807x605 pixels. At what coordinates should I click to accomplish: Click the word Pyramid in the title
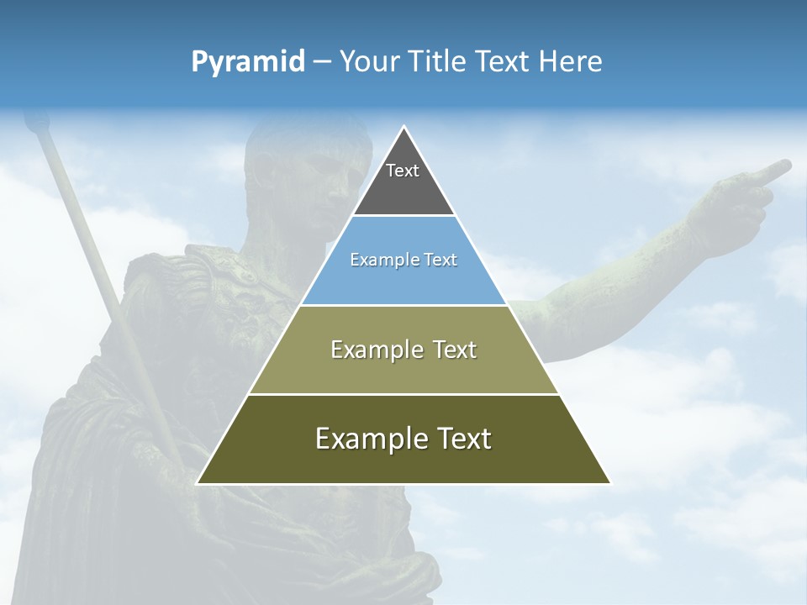(x=247, y=62)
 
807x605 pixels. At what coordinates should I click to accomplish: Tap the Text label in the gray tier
(x=403, y=171)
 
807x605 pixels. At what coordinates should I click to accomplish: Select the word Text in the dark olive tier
(x=456, y=439)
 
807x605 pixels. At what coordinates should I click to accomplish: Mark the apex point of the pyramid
(x=404, y=127)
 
